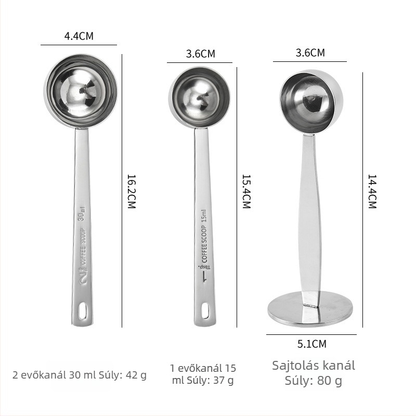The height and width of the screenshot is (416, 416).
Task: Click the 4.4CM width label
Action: coord(79,36)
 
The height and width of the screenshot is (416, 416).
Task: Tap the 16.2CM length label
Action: coord(132,191)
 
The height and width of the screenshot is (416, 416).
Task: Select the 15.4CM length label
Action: coord(246,191)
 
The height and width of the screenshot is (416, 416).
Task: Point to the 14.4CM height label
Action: coord(372,191)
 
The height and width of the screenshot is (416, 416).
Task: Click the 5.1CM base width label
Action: coord(311,344)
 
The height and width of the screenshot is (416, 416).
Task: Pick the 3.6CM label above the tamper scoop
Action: coord(310,53)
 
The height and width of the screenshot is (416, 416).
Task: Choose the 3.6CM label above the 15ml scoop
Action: coord(201,54)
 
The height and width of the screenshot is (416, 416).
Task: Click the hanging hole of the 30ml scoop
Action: coord(82,310)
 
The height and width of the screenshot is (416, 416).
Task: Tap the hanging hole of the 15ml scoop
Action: coord(205,310)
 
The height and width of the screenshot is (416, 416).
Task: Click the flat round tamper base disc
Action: coord(310,309)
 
